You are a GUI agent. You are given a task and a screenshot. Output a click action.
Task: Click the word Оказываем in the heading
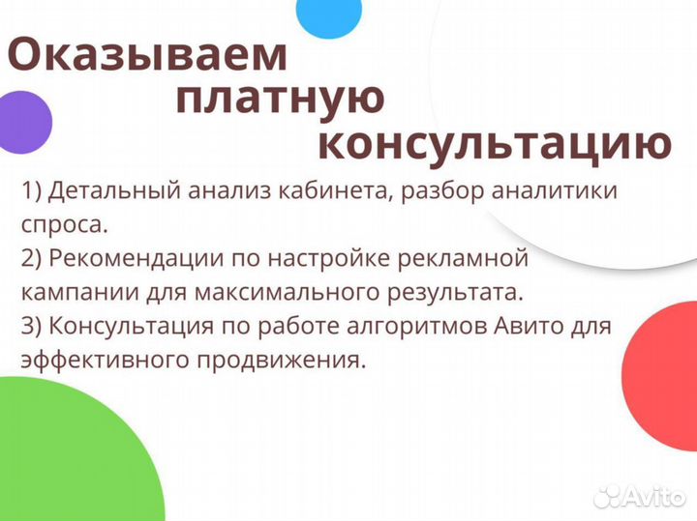click(148, 55)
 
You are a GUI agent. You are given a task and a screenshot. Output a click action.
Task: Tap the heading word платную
click(282, 99)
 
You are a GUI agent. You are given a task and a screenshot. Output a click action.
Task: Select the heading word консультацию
click(494, 144)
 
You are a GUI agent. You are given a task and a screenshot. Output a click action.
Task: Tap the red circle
click(663, 362)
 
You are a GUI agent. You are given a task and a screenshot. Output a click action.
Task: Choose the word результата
click(448, 291)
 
